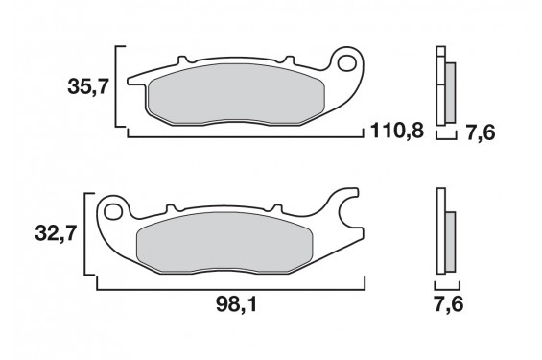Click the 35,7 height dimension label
(88, 86)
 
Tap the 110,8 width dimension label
(397, 131)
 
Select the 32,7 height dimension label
(56, 234)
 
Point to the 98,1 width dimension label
(236, 305)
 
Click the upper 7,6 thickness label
(481, 132)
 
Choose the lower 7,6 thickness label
(448, 305)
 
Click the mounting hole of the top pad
(346, 63)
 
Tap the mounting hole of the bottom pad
(113, 211)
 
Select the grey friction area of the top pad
(236, 94)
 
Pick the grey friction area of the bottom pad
(224, 242)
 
